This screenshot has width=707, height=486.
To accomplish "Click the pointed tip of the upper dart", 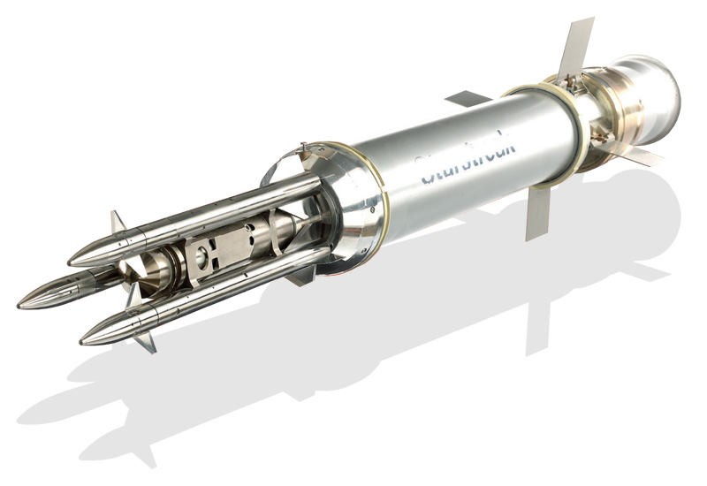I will (71, 261).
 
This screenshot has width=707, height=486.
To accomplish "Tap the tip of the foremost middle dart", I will (19, 305).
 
